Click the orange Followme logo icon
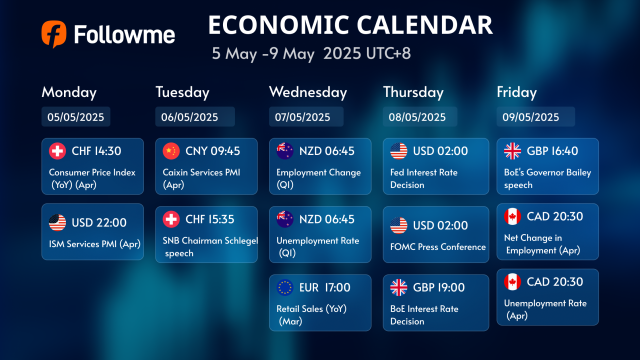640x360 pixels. tap(54, 34)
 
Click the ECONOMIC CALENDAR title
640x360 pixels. tap(350, 25)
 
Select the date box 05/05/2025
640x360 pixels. tap(75, 116)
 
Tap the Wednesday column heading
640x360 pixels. tap(308, 92)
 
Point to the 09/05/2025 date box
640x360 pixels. tap(535, 116)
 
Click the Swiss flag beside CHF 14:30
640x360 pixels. tap(57, 151)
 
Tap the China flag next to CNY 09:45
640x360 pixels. tap(171, 151)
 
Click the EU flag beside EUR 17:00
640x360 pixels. tap(285, 287)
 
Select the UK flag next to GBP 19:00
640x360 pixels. tap(398, 287)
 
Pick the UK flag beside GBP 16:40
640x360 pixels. tap(512, 151)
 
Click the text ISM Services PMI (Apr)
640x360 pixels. tap(94, 244)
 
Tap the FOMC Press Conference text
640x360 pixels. tap(438, 247)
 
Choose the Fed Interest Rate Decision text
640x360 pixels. tap(424, 178)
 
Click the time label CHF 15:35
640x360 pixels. tap(209, 219)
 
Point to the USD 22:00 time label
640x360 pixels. tap(99, 222)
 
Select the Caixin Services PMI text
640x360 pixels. tap(201, 172)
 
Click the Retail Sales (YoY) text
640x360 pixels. tap(311, 309)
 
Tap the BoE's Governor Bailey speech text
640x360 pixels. tap(547, 178)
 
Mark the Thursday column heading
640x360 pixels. tap(413, 92)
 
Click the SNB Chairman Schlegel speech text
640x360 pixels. tap(210, 247)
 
